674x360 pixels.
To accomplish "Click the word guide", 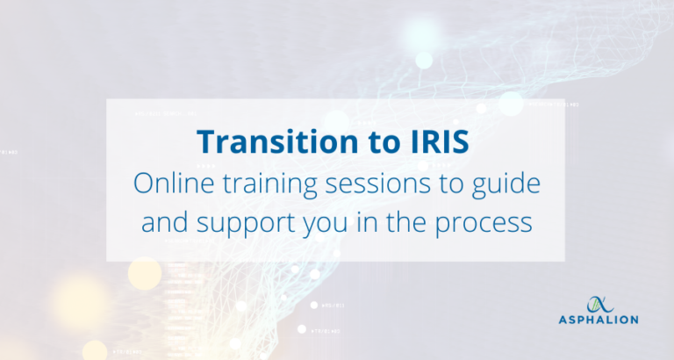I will (508, 184).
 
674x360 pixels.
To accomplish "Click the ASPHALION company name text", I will (599, 320).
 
